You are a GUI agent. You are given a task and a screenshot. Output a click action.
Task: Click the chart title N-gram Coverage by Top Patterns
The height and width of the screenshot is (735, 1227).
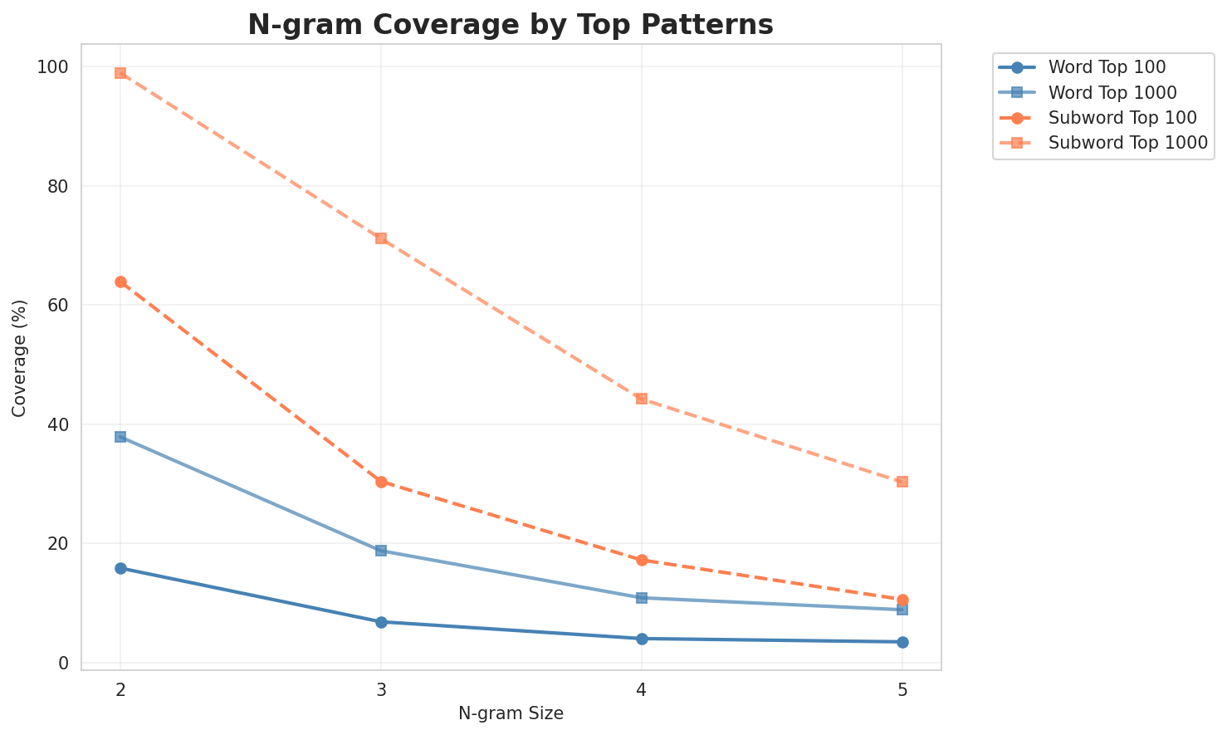coord(511,24)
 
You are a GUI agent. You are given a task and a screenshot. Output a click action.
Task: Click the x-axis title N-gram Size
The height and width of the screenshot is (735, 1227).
coord(511,713)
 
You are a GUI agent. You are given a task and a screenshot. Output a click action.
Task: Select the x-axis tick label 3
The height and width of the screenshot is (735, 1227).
coord(381,688)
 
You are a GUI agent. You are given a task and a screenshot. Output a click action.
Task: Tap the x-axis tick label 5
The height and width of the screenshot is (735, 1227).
coord(902,688)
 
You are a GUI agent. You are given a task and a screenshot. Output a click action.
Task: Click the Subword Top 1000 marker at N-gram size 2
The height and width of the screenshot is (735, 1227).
coord(120,73)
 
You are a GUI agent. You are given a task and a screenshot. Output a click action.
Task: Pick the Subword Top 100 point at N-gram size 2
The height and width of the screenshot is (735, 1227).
coord(120,282)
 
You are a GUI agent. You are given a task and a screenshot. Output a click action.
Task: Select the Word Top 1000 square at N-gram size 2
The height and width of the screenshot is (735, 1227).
coord(120,437)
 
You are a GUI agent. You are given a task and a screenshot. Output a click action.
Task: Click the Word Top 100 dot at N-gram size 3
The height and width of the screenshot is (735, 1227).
coord(381,622)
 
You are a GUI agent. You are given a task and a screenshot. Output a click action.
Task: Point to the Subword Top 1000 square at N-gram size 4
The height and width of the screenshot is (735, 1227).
coord(642,399)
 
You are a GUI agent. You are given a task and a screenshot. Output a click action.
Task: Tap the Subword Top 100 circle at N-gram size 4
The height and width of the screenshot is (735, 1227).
coord(642,560)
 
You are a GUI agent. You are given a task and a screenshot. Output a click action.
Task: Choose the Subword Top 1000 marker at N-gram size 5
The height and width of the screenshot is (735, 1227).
coord(902,482)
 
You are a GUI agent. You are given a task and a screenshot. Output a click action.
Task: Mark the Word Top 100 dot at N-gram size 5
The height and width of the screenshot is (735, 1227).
coord(902,642)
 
